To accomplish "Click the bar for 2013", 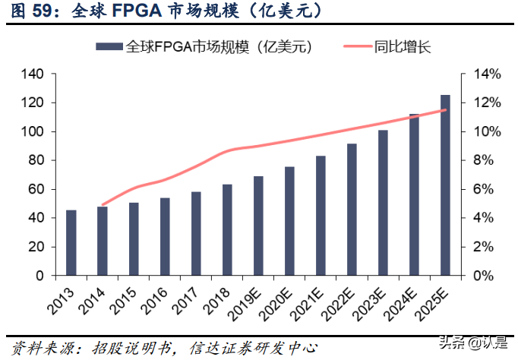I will tap(71, 243).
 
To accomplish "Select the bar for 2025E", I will tap(445, 185).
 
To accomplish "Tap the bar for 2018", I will tap(227, 230).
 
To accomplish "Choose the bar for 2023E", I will tap(383, 203).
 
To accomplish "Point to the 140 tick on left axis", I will tap(35, 74).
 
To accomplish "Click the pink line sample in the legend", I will tap(355, 47).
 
